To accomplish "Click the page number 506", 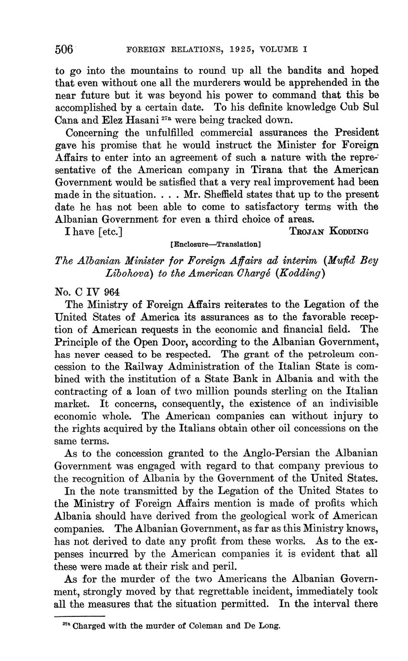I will tap(64, 49).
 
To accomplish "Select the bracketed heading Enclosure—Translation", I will tap(216, 244).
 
